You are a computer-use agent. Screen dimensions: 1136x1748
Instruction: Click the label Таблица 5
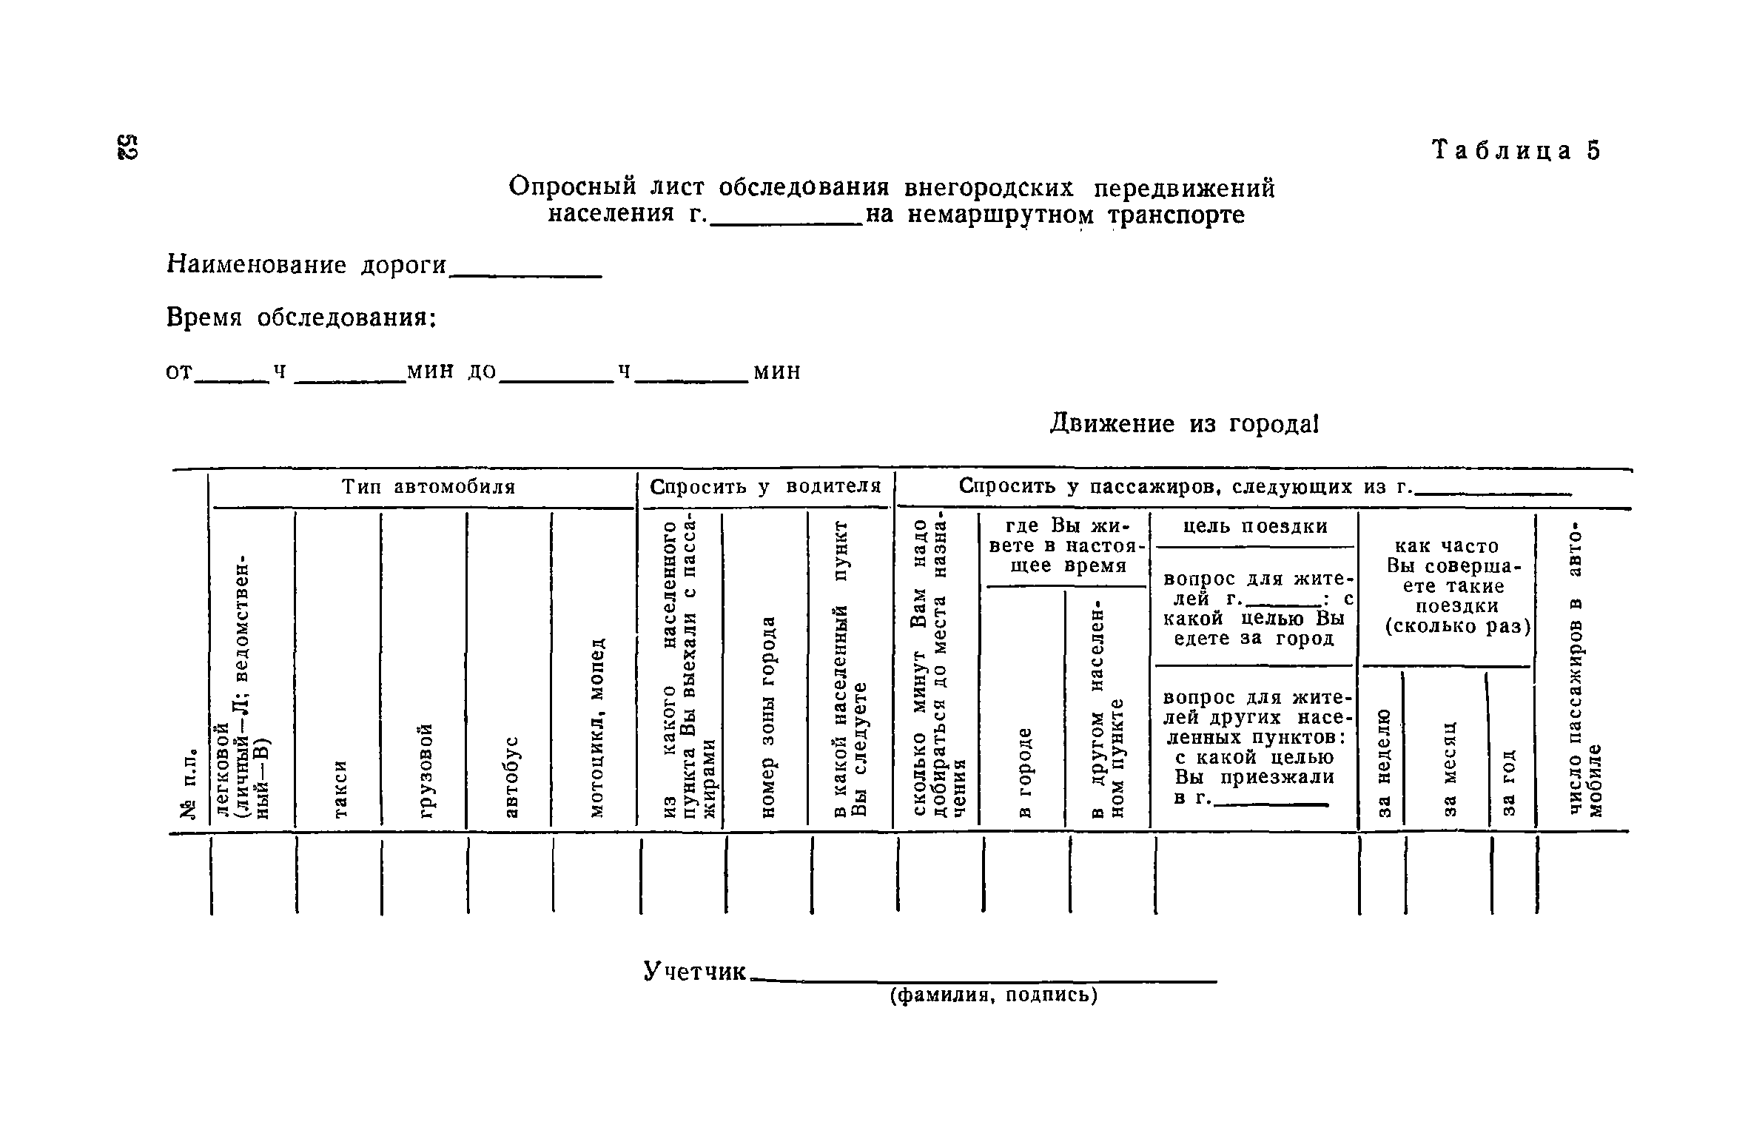[1516, 150]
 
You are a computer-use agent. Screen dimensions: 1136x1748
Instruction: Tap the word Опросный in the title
[568, 187]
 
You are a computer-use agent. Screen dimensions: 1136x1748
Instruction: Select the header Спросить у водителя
[765, 486]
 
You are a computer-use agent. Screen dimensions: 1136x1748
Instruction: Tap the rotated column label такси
[340, 789]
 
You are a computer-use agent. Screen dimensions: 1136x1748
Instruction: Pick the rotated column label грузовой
[426, 771]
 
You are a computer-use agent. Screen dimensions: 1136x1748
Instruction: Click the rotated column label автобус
[511, 777]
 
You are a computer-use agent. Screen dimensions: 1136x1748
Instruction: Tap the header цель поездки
[1255, 526]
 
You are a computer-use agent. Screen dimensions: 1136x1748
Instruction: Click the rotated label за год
[1510, 783]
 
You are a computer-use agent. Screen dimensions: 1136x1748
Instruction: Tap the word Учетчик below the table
[695, 970]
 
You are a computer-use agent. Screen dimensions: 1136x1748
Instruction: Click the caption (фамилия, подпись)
[994, 995]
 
